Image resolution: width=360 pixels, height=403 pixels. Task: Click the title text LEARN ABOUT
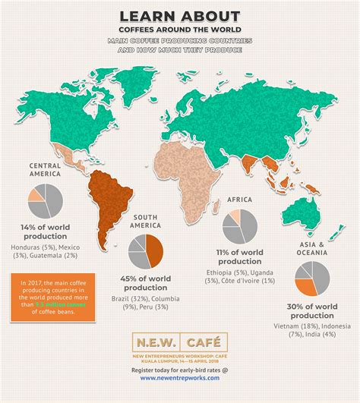(180, 16)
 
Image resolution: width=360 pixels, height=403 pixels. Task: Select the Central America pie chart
(46, 200)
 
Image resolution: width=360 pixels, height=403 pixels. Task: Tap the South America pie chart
(145, 252)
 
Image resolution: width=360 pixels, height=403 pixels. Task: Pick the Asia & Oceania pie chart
(311, 279)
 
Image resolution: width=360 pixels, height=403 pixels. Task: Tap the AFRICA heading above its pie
(240, 199)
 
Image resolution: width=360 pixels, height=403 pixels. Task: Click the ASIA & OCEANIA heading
(311, 249)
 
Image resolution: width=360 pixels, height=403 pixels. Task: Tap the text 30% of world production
(311, 310)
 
